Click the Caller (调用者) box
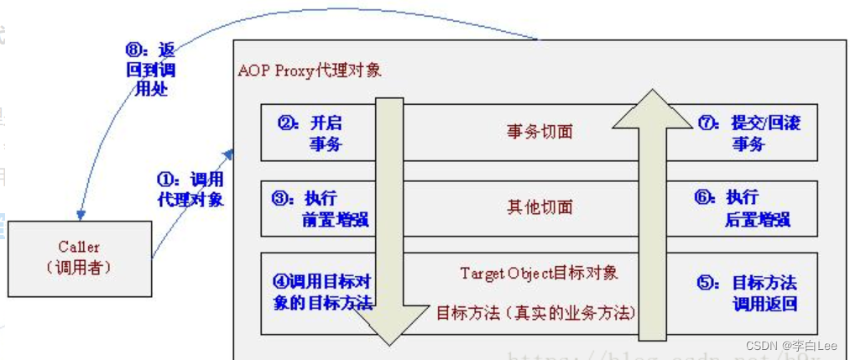(79, 258)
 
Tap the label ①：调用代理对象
(190, 190)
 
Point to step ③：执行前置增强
(316, 209)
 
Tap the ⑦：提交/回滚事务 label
(748, 133)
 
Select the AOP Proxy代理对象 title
(310, 70)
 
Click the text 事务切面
(540, 132)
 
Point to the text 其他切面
(540, 207)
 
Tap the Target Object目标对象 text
(539, 273)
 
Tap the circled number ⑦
(707, 123)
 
